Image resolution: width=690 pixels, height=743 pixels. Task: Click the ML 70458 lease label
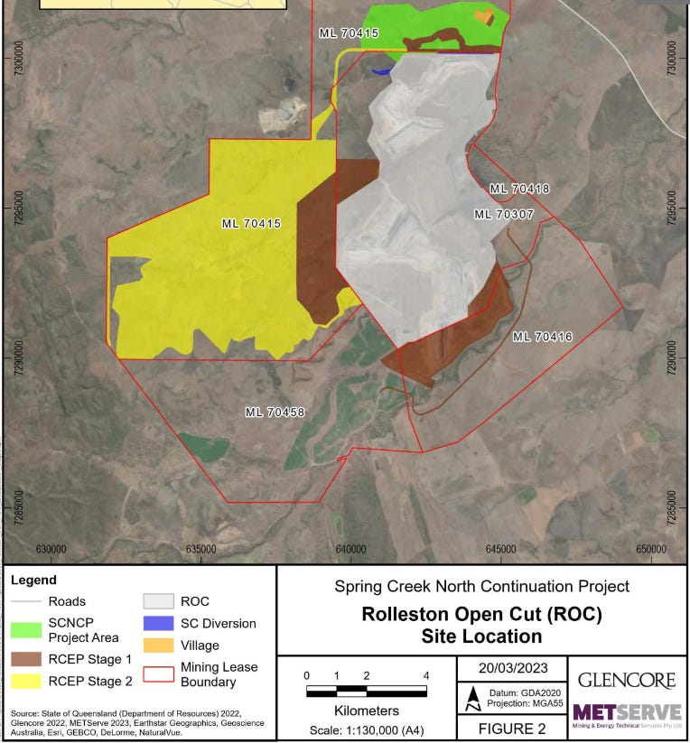click(275, 413)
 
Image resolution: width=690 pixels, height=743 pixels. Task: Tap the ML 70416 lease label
click(542, 337)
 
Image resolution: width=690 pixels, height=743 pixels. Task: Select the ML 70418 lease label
click(519, 190)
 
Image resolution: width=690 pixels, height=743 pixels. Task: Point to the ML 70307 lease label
click(504, 214)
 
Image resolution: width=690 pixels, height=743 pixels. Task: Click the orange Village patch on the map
click(486, 16)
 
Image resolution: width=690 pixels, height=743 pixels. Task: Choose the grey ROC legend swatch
click(158, 601)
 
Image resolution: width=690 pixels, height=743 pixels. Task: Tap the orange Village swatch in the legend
click(158, 645)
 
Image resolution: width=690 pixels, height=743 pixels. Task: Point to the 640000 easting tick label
click(350, 549)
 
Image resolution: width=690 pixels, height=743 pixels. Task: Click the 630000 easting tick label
click(51, 549)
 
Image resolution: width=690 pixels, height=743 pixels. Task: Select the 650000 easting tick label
click(650, 549)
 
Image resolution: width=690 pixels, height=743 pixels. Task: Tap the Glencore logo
click(627, 681)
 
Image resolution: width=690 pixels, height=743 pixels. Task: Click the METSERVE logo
click(627, 714)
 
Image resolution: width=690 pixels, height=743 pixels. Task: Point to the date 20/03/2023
click(512, 668)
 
